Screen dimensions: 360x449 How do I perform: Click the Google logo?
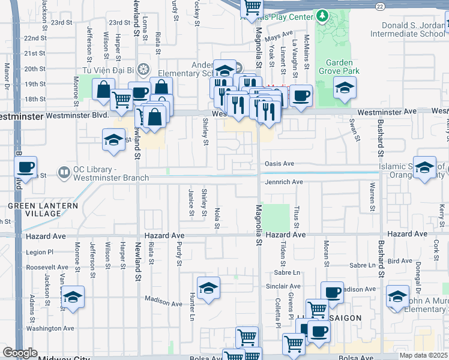20,353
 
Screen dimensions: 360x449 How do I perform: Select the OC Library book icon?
64,173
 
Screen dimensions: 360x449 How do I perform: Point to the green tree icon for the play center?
323,15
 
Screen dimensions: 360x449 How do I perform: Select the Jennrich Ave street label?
283,182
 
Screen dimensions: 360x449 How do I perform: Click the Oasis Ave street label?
279,164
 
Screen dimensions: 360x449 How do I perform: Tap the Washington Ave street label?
50,328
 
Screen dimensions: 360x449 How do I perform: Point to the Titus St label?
297,217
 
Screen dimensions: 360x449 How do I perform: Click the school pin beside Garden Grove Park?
344,88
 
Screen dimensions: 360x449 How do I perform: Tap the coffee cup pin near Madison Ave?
331,293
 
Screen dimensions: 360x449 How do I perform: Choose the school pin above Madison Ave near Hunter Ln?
208,288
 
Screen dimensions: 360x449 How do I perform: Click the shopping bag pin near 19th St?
104,90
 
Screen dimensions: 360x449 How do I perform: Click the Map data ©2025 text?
424,355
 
